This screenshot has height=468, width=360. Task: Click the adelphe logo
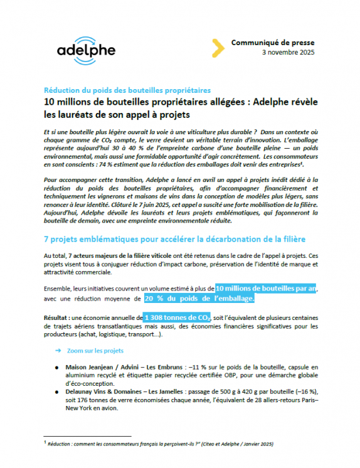pyautogui.click(x=87, y=49)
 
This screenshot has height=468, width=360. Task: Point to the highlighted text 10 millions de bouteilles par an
pyautogui.click(x=267, y=287)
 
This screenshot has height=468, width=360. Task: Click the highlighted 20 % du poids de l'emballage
pyautogui.click(x=199, y=298)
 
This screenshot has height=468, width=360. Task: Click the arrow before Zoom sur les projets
pyautogui.click(x=58, y=350)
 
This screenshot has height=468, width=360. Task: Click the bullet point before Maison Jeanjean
pyautogui.click(x=58, y=366)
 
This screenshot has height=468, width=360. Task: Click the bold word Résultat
pyautogui.click(x=58, y=317)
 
